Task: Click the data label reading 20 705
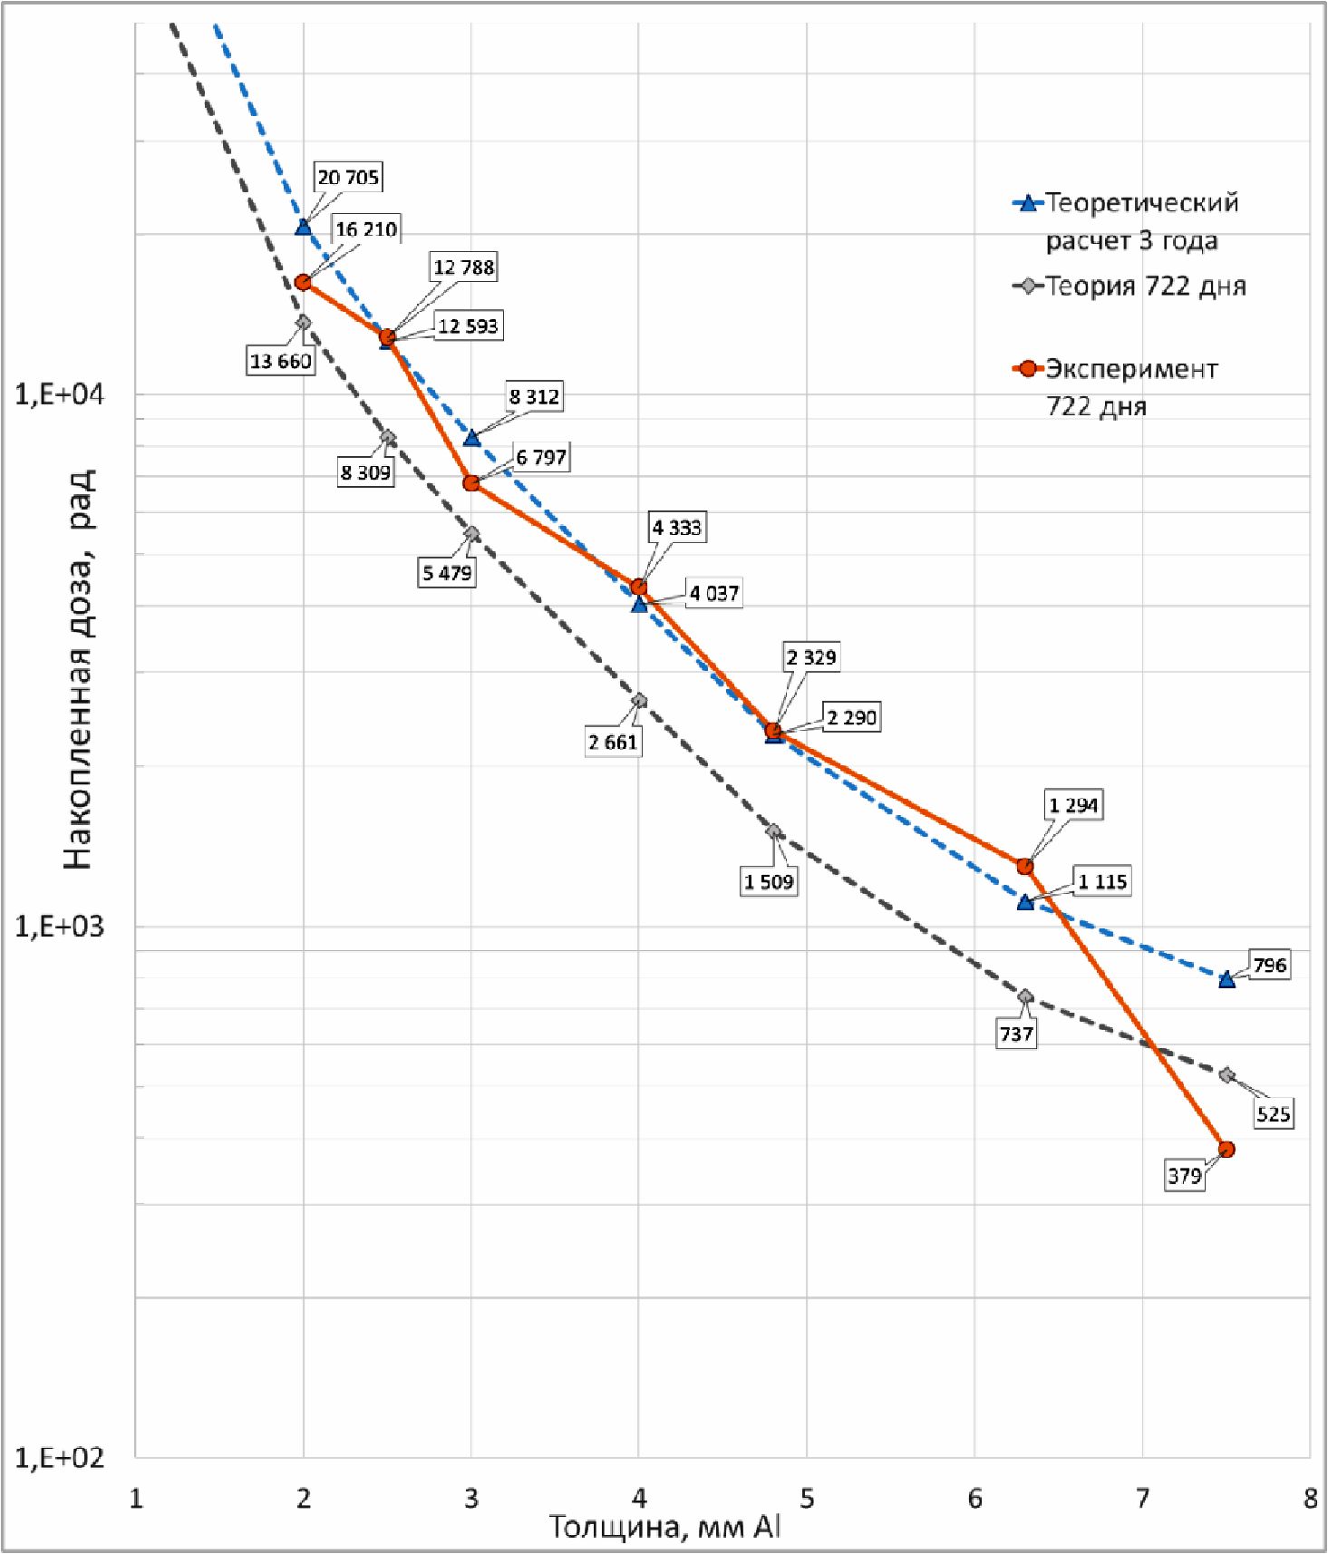click(348, 177)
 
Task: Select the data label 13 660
click(281, 361)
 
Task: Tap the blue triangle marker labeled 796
click(1226, 979)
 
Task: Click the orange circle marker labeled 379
click(1226, 1149)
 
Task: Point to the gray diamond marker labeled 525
click(1226, 1075)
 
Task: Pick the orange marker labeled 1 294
click(1025, 866)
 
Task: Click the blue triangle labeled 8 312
click(471, 438)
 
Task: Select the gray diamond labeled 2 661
click(639, 700)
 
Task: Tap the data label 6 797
click(541, 458)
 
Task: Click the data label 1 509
click(769, 881)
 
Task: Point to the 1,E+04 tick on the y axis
click(60, 395)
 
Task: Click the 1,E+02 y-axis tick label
click(60, 1458)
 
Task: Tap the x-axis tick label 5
click(807, 1498)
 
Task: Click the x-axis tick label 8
click(1310, 1498)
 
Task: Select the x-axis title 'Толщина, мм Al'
click(664, 1528)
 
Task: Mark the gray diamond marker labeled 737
click(1025, 996)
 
